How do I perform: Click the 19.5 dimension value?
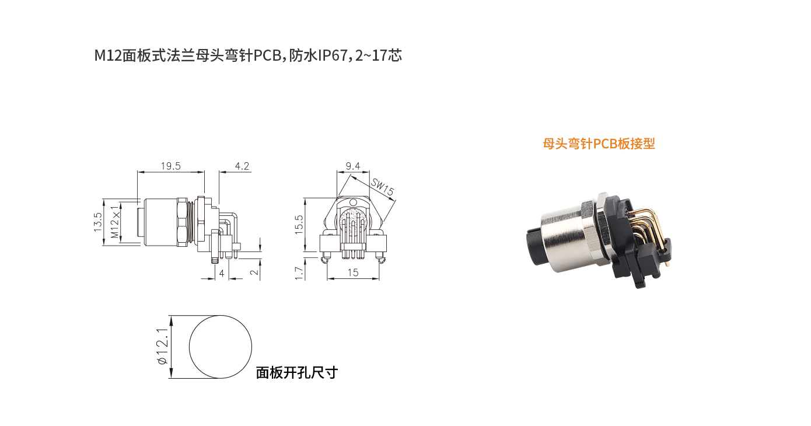coord(170,166)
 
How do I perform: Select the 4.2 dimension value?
coord(242,166)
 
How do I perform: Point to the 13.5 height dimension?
coord(98,222)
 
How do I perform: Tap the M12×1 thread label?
coord(115,222)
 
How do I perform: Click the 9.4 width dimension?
coord(352,166)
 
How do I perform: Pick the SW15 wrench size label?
coord(382,186)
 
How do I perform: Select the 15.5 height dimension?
coord(299,224)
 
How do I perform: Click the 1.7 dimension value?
coord(299,273)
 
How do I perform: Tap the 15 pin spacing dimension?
coord(352,273)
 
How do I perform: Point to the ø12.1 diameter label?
coord(162,347)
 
